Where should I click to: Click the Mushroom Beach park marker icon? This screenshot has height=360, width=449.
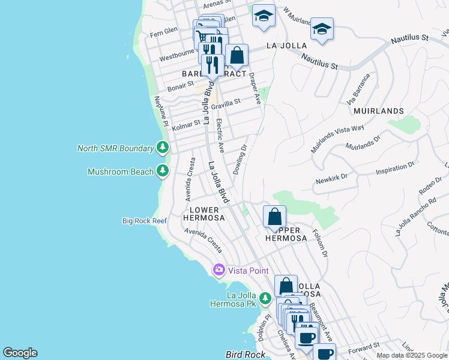tap(162, 172)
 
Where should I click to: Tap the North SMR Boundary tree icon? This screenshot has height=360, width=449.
tap(162, 148)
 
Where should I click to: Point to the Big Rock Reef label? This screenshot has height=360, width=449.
tap(144, 221)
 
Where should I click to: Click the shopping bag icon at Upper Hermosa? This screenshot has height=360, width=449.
tap(274, 217)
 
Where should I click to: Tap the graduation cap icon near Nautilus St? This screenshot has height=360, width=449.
tap(322, 29)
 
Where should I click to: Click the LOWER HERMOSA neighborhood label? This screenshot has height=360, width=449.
tap(206, 214)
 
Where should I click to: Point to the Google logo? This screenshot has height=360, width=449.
tap(20, 353)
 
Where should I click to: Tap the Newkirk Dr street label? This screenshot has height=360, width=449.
tap(331, 181)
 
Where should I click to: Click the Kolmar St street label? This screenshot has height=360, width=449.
tap(185, 124)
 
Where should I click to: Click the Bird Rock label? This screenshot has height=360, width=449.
tap(241, 355)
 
